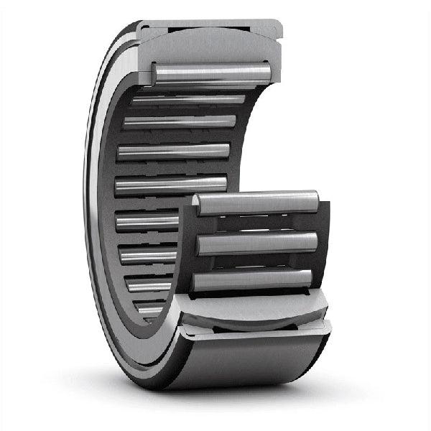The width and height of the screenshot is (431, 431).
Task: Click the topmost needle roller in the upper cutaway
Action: (x=212, y=73)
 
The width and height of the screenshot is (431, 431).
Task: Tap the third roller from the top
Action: (x=180, y=122)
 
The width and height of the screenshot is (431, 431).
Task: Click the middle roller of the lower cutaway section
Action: (x=257, y=243)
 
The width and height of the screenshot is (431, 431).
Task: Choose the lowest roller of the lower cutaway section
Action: (x=253, y=280)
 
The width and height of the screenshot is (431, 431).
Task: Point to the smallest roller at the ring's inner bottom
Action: (x=149, y=310)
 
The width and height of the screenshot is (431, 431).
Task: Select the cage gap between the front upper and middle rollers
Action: (x=257, y=223)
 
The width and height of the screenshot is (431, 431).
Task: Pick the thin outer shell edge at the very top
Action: (x=208, y=22)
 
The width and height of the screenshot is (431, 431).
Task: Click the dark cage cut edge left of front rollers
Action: (x=185, y=251)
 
